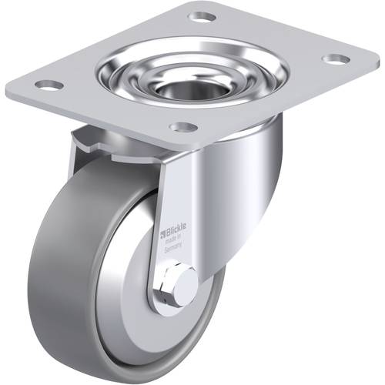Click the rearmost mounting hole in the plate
(x=203, y=16)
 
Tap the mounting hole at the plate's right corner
(x=336, y=59)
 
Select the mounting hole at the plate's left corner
(x=48, y=85)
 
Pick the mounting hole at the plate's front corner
(x=182, y=127)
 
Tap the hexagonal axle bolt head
(x=184, y=287)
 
